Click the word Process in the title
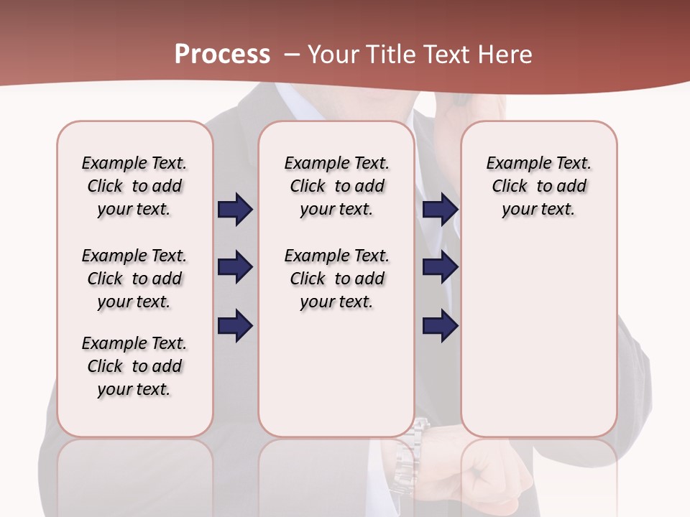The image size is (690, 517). tap(222, 55)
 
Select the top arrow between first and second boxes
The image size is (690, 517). tap(235, 209)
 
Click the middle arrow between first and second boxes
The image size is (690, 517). tap(235, 267)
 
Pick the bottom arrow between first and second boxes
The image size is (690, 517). tap(235, 325)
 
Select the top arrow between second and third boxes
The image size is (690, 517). tap(440, 209)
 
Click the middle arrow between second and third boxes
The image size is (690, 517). tap(440, 267)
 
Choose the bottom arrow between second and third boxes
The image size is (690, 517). tap(440, 325)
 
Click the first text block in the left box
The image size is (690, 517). tap(134, 186)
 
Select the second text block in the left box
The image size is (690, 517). tap(134, 279)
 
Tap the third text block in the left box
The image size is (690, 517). tap(134, 366)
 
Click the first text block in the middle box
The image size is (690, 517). tap(336, 186)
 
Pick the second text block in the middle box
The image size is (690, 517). tap(336, 279)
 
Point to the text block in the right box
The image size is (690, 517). tap(538, 186)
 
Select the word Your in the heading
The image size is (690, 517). tap(333, 55)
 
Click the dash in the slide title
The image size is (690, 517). tap(291, 55)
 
